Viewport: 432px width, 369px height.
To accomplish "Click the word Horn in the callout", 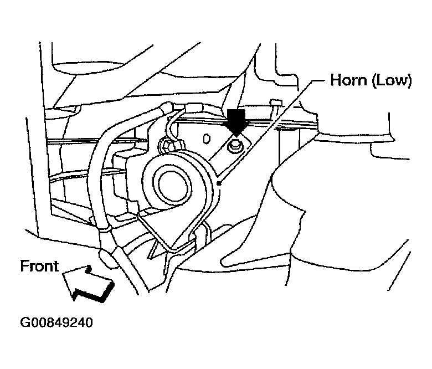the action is [349, 80].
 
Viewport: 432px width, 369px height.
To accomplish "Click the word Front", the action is [39, 266].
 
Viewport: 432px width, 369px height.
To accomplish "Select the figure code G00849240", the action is [56, 322].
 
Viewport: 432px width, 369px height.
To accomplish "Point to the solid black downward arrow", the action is [236, 122].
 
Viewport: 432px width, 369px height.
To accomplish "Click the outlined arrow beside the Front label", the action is [87, 284].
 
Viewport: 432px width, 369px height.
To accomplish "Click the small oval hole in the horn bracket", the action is [207, 139].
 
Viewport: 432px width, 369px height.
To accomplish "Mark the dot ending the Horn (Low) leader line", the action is [218, 183].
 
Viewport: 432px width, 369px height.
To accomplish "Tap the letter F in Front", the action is [25, 266].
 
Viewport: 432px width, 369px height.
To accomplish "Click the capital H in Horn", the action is [336, 80].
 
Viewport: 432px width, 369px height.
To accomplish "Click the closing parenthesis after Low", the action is [409, 81].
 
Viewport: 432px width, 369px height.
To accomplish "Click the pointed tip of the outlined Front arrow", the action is [63, 273].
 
